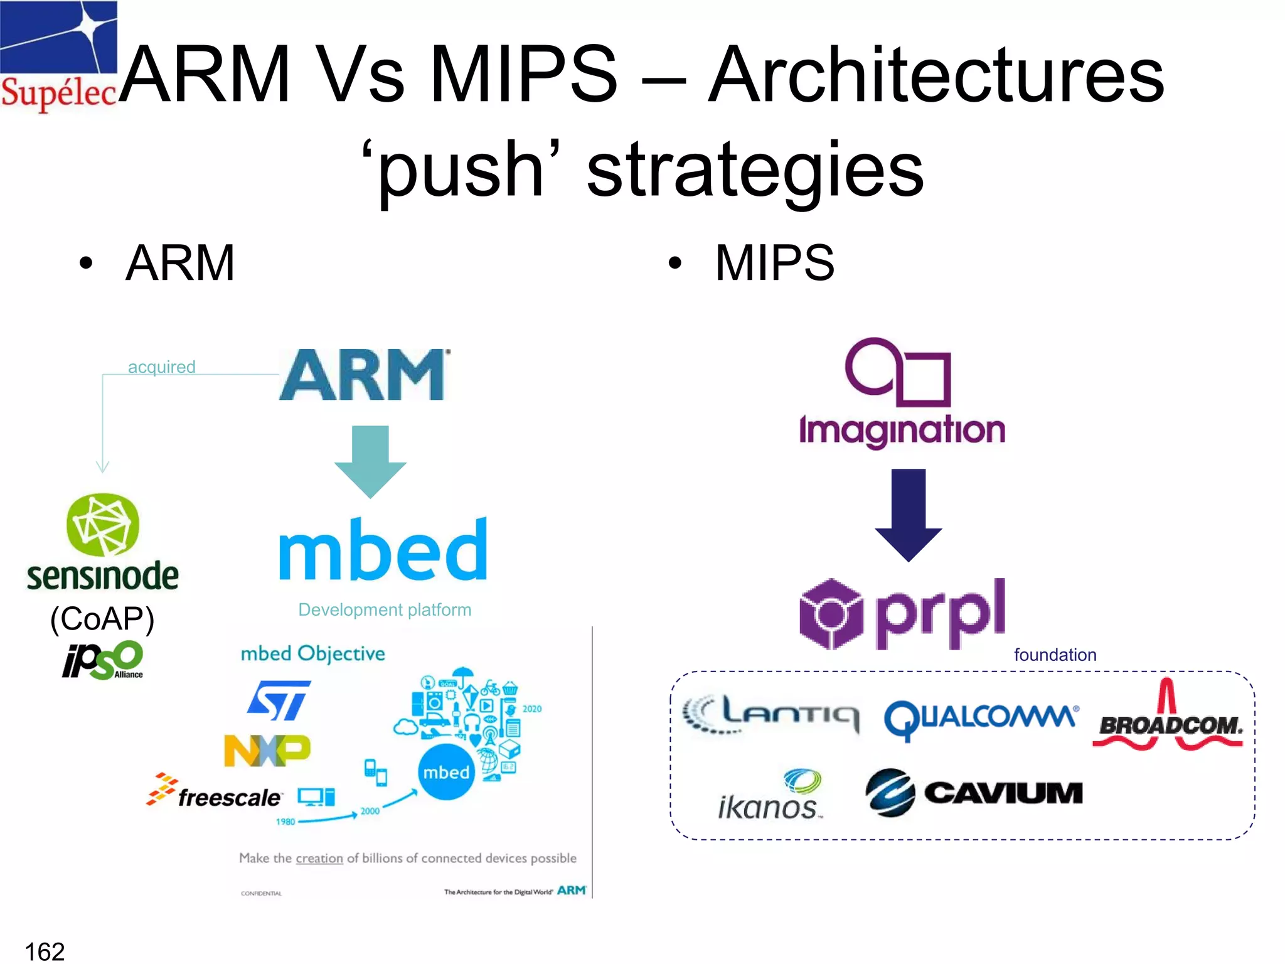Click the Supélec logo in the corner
click(x=58, y=56)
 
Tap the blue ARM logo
click(x=364, y=375)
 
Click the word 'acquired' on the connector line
click(x=161, y=367)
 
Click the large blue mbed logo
click(x=383, y=550)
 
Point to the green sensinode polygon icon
click(x=102, y=525)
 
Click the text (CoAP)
click(x=102, y=619)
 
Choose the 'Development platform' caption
click(x=384, y=609)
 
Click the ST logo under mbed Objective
click(x=279, y=700)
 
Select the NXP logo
click(x=267, y=751)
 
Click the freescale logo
click(x=215, y=793)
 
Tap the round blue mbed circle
click(x=446, y=772)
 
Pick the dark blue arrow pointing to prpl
click(x=908, y=513)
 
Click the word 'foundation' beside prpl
click(x=1055, y=655)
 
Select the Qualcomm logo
click(x=981, y=719)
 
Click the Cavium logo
click(x=974, y=793)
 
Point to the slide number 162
click(x=45, y=951)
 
